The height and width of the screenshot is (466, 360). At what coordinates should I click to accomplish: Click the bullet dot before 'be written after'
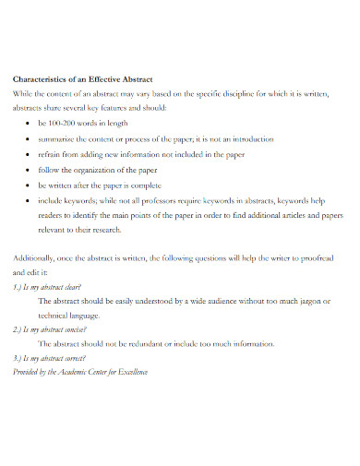pyautogui.click(x=30, y=185)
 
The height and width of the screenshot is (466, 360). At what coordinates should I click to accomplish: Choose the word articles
pyautogui.click(x=285, y=216)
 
